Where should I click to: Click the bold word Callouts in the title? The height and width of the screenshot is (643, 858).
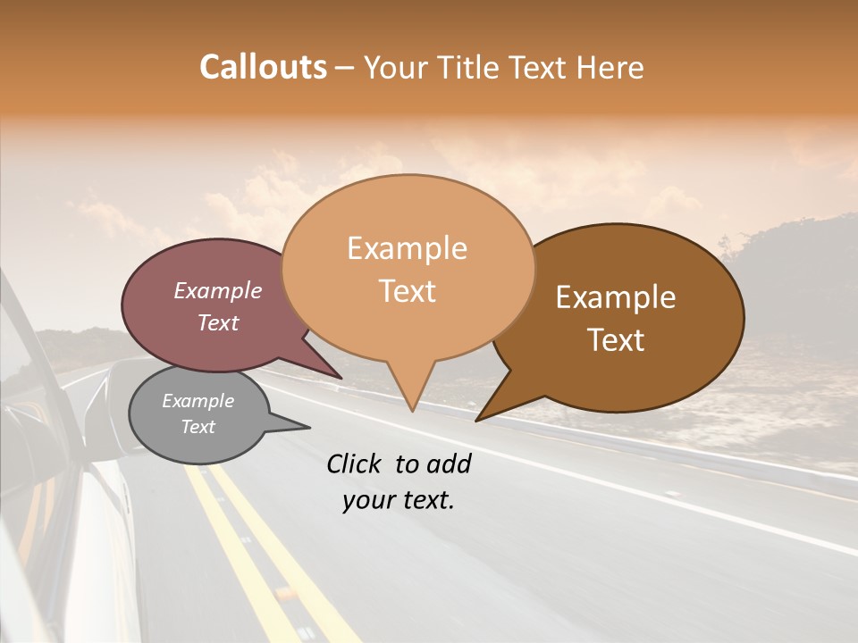263,67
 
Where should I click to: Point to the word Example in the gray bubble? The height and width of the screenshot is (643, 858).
198,401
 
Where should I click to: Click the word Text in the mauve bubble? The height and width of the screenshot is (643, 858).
217,322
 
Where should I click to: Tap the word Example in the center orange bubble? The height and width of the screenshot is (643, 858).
407,248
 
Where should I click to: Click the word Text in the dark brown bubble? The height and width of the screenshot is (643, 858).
617,339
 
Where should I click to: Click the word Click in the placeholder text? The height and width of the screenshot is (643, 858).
355,463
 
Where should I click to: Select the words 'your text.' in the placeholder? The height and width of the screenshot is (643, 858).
399,500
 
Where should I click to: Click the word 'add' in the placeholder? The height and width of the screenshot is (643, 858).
450,463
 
